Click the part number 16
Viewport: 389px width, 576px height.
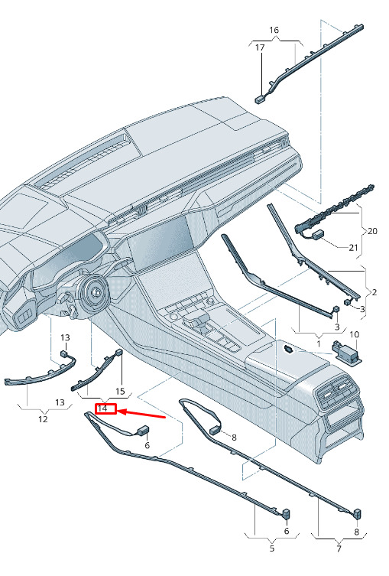coord(274,30)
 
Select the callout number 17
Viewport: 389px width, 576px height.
coord(260,47)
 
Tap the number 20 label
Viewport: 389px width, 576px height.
coord(372,231)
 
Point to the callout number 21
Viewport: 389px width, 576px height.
coord(353,248)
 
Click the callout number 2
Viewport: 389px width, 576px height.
coord(374,292)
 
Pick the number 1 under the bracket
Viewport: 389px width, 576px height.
coord(319,343)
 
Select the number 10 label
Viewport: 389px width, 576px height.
coord(354,334)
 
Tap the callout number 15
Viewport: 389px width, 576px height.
coord(121,391)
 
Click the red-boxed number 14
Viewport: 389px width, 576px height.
coord(102,408)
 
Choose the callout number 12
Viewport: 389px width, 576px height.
coord(43,418)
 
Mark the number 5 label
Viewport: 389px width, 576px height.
coord(272,548)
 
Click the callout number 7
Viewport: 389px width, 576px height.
coord(339,548)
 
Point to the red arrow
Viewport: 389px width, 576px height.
coord(141,414)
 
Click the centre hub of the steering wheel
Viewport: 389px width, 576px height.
coord(97,292)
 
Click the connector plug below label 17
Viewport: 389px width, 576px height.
coord(260,99)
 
